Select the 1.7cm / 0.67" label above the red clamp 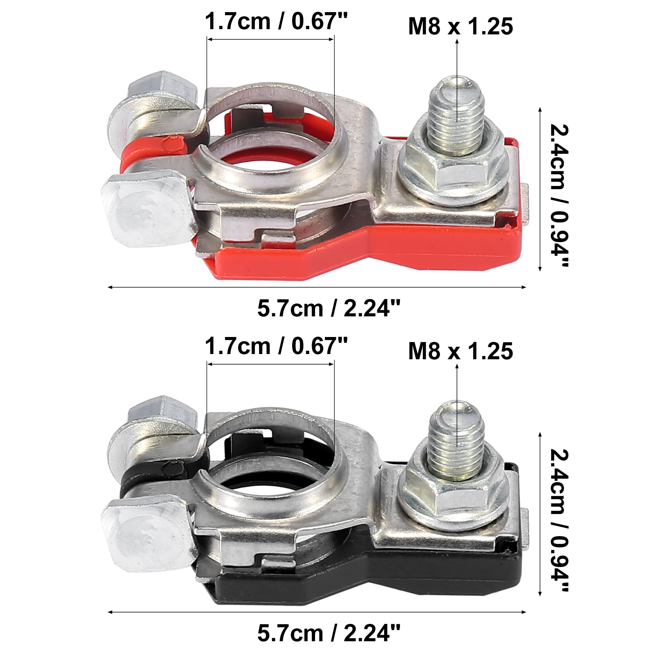[276, 21]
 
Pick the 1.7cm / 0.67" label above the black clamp [276, 346]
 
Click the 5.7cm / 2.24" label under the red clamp [328, 308]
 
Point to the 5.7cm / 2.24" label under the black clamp [328, 633]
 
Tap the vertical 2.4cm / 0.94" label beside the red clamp [558, 196]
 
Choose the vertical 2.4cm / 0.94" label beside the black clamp [558, 520]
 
